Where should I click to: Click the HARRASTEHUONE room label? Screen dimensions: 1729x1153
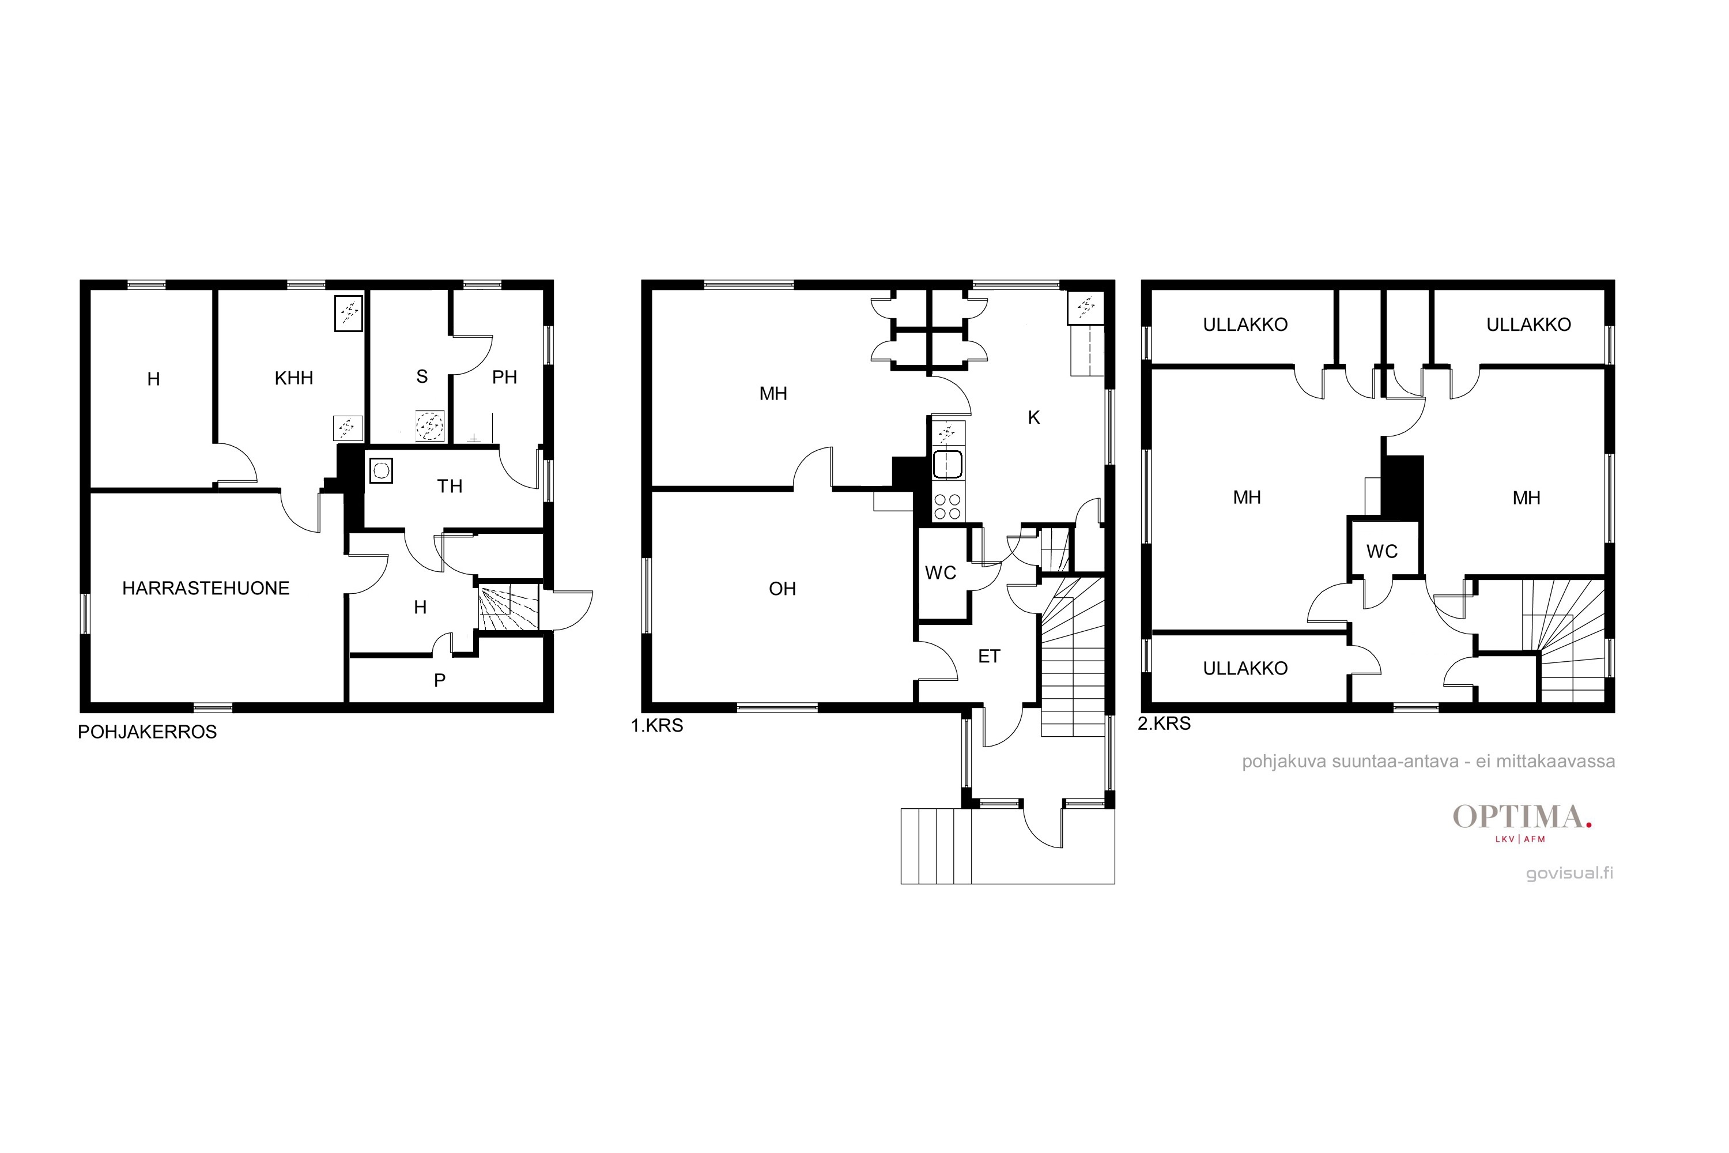point(206,588)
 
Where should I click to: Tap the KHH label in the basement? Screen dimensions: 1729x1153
point(294,378)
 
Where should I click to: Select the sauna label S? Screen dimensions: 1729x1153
point(422,376)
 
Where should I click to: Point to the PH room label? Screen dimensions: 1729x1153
point(504,377)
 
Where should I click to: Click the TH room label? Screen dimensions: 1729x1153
point(450,486)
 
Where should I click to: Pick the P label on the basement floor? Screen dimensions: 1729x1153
point(440,680)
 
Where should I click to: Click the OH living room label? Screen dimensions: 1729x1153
point(782,589)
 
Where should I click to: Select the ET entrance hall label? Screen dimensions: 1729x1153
point(990,656)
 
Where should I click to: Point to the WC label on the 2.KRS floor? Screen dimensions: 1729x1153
point(1382,552)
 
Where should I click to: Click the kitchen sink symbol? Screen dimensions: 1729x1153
point(947,465)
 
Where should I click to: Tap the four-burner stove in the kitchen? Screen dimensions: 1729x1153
point(947,506)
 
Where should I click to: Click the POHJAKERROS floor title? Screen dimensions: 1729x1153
point(147,732)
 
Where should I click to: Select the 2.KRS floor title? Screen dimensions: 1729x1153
point(1164,724)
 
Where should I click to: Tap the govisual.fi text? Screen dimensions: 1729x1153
point(1569,873)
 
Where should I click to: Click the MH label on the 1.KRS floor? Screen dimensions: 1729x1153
point(773,394)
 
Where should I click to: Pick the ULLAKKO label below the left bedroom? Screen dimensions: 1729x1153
point(1245,668)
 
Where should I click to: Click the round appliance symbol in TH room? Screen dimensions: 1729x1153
point(381,470)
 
